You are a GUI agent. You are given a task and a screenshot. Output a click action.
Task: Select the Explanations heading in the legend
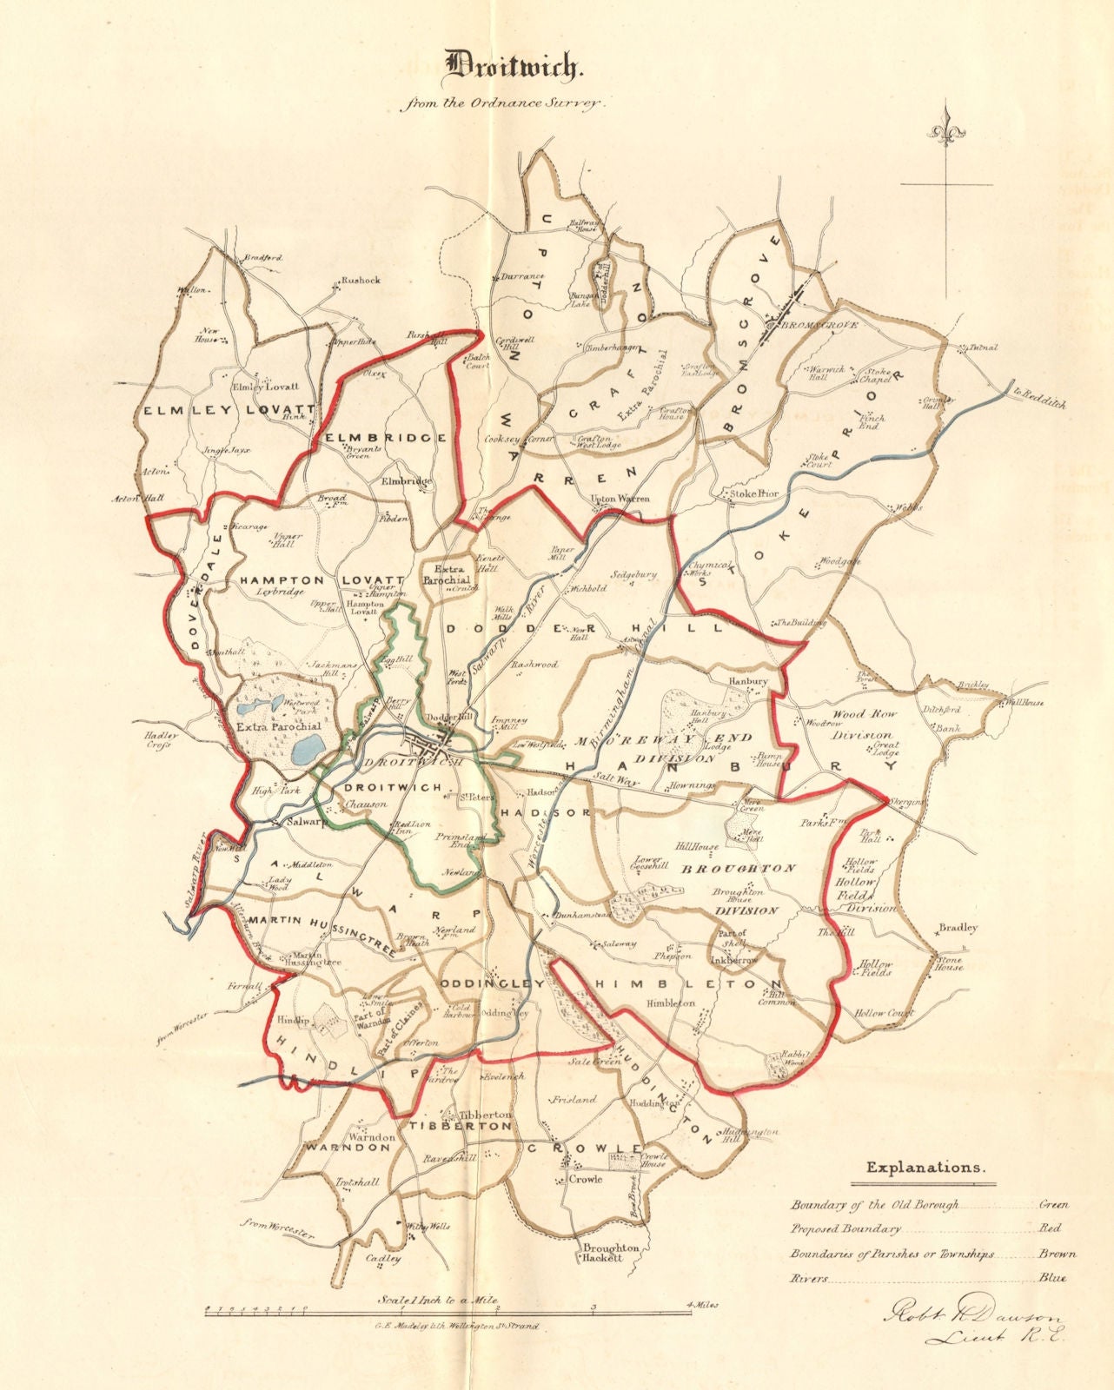tap(925, 1168)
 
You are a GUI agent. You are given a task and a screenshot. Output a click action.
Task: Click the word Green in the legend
tap(1053, 1205)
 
